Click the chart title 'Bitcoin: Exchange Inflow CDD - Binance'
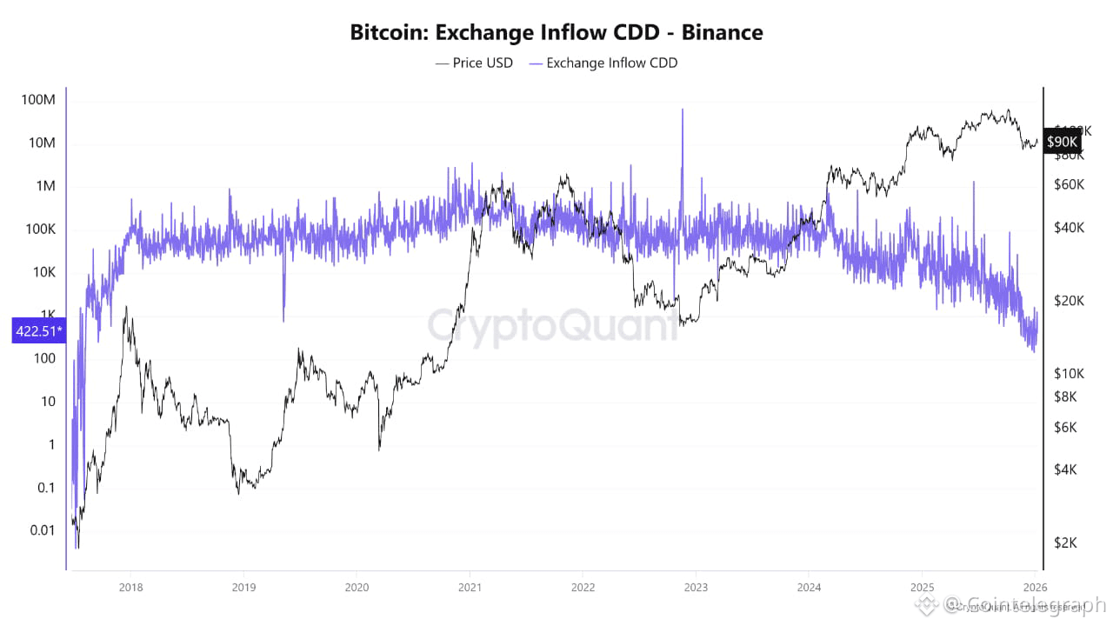tap(556, 33)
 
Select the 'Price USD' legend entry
tap(474, 63)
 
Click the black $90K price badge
tap(1062, 141)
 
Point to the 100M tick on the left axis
tap(37, 100)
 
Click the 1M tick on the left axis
tap(43, 186)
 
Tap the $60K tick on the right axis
tap(1068, 184)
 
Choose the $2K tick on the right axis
tap(1066, 543)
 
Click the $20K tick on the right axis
tap(1068, 301)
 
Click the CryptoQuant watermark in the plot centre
tap(553, 325)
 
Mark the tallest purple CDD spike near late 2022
tap(683, 111)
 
